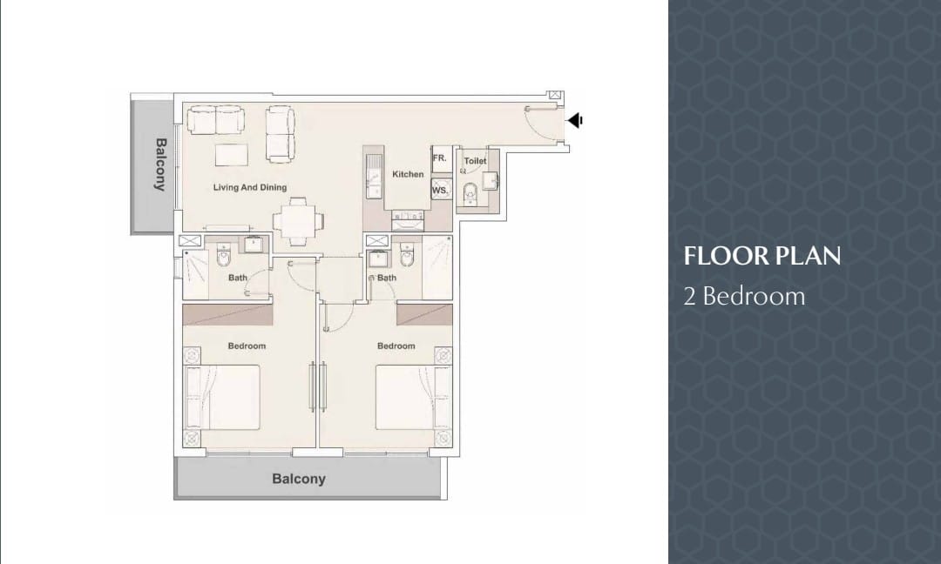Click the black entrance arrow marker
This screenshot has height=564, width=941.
coord(575,120)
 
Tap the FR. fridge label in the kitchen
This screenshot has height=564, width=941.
coord(440,158)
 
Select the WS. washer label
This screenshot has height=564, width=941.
coord(440,191)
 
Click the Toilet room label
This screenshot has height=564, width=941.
coord(475,161)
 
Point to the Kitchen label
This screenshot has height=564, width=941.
coord(408,174)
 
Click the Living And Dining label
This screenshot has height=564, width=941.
coord(250,188)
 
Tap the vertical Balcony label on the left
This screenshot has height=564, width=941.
coord(160,164)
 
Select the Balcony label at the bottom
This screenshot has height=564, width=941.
coord(299,479)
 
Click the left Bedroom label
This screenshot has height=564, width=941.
coord(247,346)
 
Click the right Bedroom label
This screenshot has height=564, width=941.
coord(396,346)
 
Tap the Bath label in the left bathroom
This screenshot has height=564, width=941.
coord(238,278)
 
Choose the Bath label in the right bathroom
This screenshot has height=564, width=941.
coord(387,278)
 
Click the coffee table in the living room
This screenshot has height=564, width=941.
coord(232,155)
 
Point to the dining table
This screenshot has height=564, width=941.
coord(294,220)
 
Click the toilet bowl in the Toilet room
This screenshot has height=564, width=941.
coord(470,193)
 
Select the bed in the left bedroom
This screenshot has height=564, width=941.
coord(223,397)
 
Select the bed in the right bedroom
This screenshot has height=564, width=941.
coord(414,397)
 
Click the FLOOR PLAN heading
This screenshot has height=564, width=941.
coord(762,256)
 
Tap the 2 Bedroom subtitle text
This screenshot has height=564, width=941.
coord(744,296)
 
